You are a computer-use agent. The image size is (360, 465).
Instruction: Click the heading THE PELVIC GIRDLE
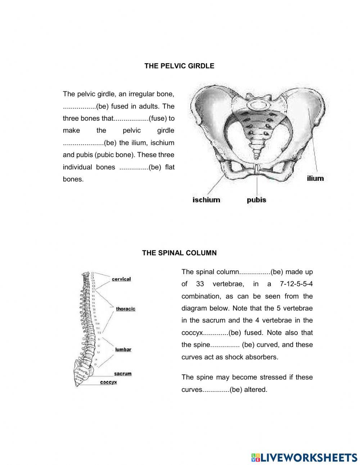(179, 66)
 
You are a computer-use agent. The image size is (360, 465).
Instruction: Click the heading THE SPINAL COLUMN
(179, 253)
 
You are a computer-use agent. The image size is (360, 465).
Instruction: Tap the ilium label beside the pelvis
(315, 178)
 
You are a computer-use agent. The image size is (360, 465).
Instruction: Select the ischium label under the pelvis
(206, 200)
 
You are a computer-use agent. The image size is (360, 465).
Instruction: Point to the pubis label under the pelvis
(256, 200)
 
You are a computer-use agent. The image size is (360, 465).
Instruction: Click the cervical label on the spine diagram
(121, 279)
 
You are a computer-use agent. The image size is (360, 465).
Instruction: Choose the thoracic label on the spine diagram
(126, 309)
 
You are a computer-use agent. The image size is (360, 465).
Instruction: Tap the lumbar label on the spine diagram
(123, 349)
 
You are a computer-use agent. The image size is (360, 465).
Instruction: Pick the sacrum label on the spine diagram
(123, 374)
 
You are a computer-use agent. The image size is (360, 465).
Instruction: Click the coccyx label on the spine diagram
(108, 382)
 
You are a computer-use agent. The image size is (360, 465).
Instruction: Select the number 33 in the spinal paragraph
(200, 284)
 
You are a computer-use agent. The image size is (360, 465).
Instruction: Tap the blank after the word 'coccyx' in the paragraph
(216, 332)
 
